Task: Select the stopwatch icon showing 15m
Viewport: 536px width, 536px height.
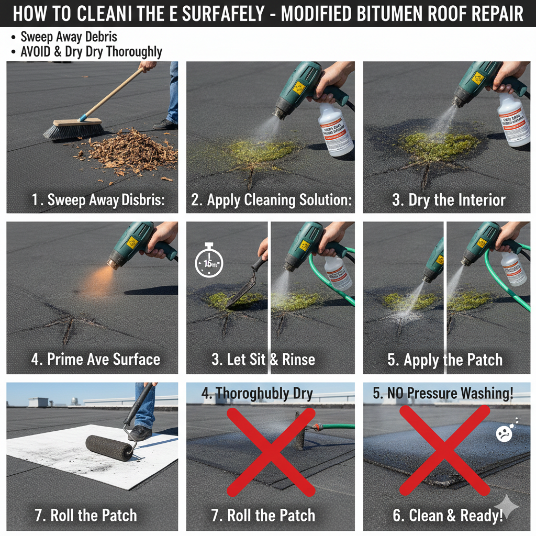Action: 208,262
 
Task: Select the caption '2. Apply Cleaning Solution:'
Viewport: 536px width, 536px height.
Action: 271,200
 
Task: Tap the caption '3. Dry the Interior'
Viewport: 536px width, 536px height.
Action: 449,200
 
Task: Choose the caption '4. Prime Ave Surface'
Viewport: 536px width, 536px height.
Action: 95,359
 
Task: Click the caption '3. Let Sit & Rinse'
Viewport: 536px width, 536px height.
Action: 263,359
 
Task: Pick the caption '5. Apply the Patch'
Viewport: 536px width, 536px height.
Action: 445,360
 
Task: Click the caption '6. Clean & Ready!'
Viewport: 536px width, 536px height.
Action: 448,515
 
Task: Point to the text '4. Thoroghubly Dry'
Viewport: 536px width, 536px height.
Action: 257,394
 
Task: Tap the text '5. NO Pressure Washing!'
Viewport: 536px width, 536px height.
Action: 443,393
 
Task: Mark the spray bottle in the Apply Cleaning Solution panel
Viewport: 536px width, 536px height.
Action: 335,128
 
